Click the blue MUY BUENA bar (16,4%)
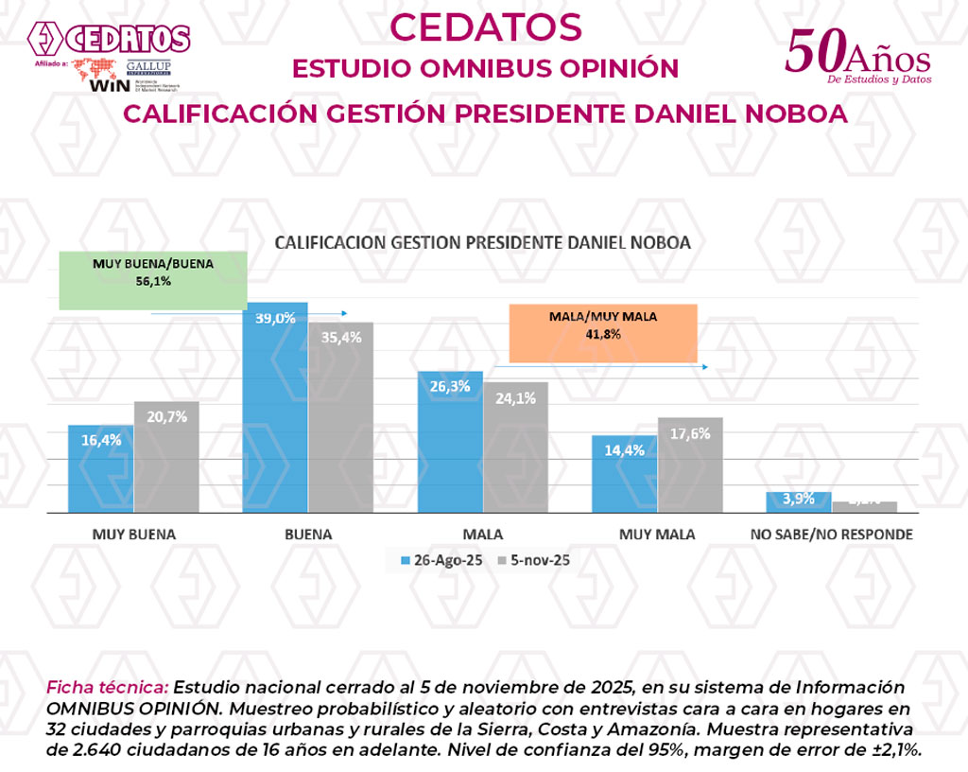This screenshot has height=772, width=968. point(100,468)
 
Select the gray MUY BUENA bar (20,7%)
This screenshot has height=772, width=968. point(166,457)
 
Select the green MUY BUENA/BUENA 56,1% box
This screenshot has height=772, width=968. point(153,280)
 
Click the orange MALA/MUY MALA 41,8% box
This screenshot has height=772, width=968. point(603,333)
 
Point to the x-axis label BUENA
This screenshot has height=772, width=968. point(308,535)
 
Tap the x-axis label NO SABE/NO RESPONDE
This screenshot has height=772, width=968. point(831,535)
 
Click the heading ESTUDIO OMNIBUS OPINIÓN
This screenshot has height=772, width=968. point(485,69)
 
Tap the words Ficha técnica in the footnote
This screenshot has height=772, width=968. point(107,687)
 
